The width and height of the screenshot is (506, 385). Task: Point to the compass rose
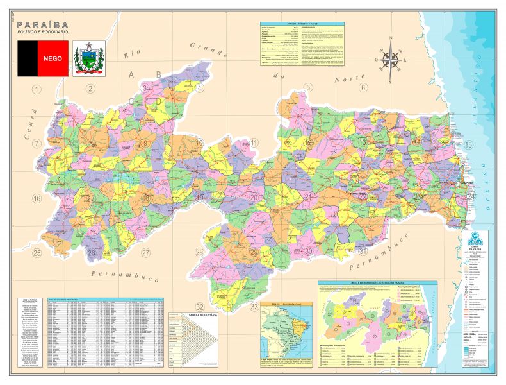[x=389, y=61]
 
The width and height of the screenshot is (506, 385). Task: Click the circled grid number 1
[x=37, y=89]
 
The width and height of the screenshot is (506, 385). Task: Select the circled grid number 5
[x=308, y=88]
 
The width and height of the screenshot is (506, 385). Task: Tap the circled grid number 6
[x=363, y=88]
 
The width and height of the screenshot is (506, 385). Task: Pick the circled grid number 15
[x=469, y=144]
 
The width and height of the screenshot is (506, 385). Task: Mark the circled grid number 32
[x=200, y=307]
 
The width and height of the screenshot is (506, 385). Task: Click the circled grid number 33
[x=255, y=307]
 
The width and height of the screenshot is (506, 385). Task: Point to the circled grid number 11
[x=254, y=143]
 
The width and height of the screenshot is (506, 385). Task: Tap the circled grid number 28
[x=200, y=253]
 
